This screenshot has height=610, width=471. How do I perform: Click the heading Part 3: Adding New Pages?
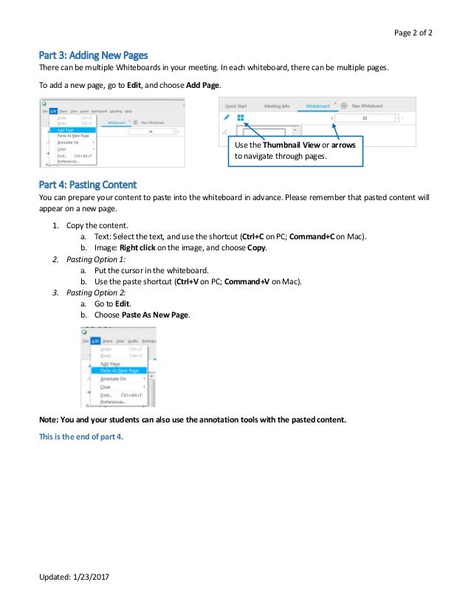tap(93, 55)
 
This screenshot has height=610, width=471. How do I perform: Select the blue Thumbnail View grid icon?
tap(241, 117)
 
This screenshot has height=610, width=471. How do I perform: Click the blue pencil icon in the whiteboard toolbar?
tap(227, 117)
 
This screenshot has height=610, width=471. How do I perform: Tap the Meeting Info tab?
tap(277, 106)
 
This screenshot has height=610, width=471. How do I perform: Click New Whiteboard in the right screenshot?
tap(367, 106)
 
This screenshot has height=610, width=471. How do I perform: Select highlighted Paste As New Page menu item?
tap(118, 371)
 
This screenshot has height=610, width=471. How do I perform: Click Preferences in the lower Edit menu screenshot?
tap(113, 402)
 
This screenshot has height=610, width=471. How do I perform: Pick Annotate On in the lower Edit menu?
tap(113, 379)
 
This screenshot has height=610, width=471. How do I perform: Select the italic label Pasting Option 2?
tap(95, 292)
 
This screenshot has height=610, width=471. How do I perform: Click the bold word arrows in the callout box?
tap(343, 145)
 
